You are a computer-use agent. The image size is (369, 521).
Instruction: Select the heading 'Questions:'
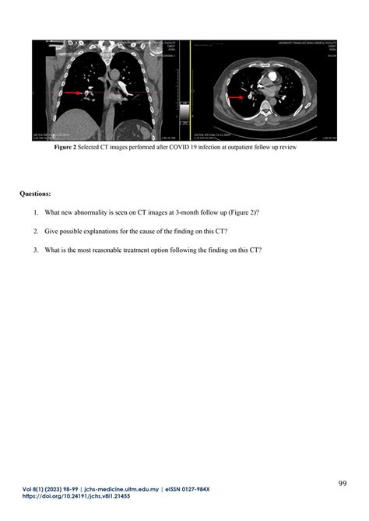[x=36, y=191]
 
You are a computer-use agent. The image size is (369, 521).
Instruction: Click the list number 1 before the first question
[x=35, y=212]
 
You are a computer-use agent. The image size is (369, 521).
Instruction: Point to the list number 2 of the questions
[x=35, y=231]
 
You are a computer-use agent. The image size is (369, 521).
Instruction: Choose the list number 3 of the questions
[x=35, y=250]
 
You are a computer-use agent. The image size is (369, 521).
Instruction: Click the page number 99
[x=343, y=484]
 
